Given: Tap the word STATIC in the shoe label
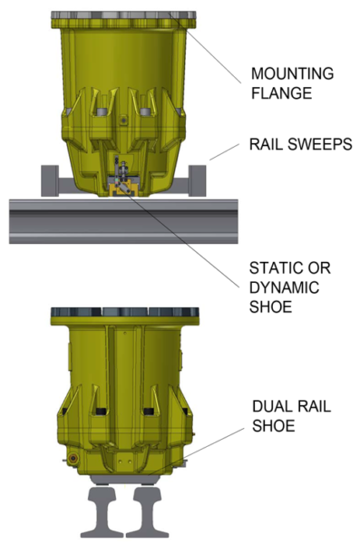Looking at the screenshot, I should tap(274, 269).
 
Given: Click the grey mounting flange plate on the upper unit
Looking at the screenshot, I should tap(122, 15).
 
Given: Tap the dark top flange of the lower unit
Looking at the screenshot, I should tap(122, 312).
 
